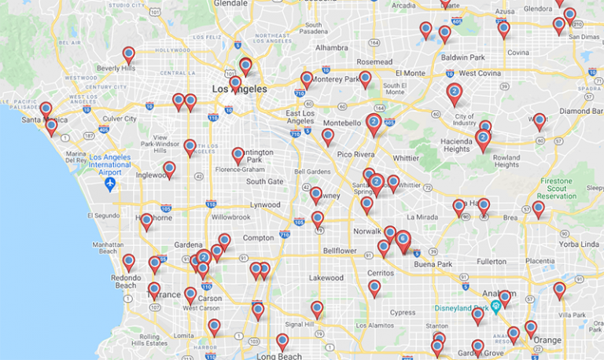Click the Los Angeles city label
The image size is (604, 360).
(x=240, y=90)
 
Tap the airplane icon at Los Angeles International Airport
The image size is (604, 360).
(x=110, y=184)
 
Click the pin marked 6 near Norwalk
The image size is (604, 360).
(x=403, y=238)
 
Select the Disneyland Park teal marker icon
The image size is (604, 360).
(x=495, y=306)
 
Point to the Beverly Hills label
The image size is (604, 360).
(x=116, y=68)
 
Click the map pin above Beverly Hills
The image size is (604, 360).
(x=128, y=54)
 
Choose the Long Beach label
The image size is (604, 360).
(x=278, y=355)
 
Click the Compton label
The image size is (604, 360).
(x=258, y=237)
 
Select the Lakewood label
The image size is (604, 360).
(x=326, y=277)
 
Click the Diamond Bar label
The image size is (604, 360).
(x=580, y=111)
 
